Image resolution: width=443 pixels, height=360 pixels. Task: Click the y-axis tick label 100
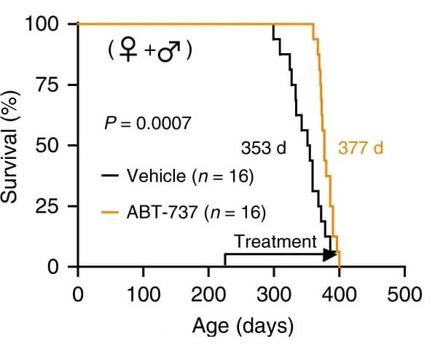pos(45,23)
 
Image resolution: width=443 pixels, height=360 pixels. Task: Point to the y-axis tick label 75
pos(52,85)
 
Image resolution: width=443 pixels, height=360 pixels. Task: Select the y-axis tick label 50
pos(52,145)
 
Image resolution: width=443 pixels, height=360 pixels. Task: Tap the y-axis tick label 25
pos(52,206)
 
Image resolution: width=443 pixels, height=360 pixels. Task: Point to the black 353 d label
pos(264,149)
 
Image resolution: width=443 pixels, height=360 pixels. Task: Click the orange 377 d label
pos(360,149)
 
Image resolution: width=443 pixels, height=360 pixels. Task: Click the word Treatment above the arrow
pos(275,241)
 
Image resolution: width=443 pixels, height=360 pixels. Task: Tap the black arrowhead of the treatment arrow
pos(330,254)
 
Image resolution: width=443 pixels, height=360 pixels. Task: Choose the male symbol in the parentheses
pos(168,52)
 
